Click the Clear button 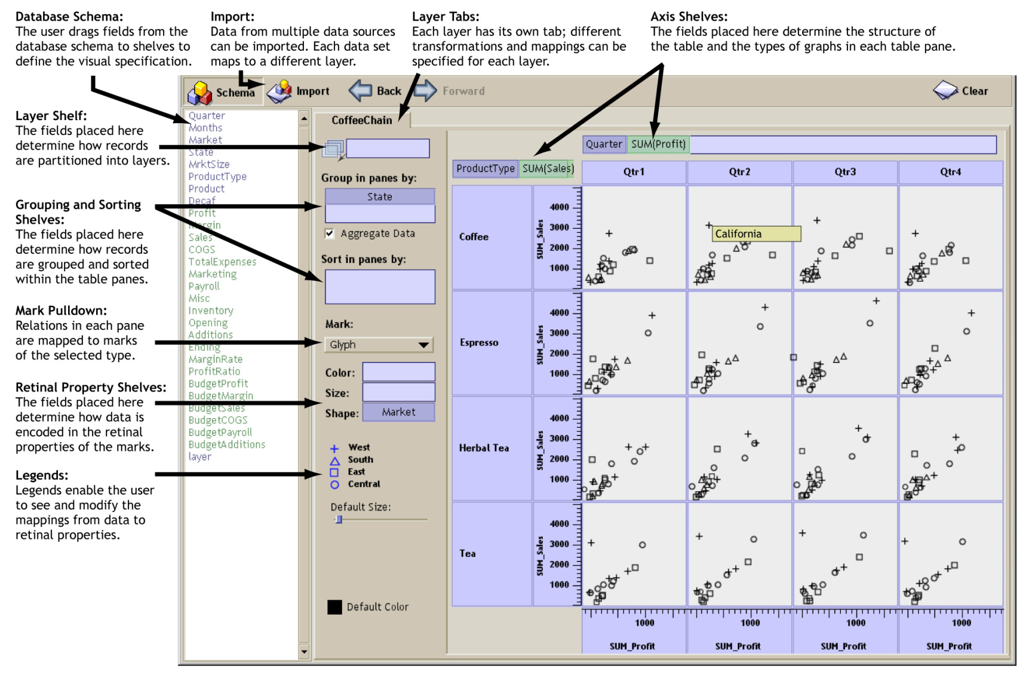click(x=961, y=91)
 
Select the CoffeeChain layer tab click(x=361, y=120)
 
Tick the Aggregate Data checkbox click(x=330, y=234)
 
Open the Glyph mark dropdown click(x=379, y=345)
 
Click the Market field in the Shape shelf click(x=398, y=412)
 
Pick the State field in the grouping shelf click(x=379, y=197)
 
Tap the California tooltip click(x=755, y=234)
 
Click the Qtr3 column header click(x=845, y=172)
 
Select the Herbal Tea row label click(x=484, y=448)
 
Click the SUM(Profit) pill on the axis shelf click(x=658, y=144)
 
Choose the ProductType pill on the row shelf click(x=485, y=168)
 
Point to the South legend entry click(x=360, y=460)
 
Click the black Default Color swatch click(x=334, y=607)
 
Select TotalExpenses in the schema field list click(x=222, y=262)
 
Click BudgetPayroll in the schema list click(x=220, y=432)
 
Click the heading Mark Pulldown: click(x=61, y=311)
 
